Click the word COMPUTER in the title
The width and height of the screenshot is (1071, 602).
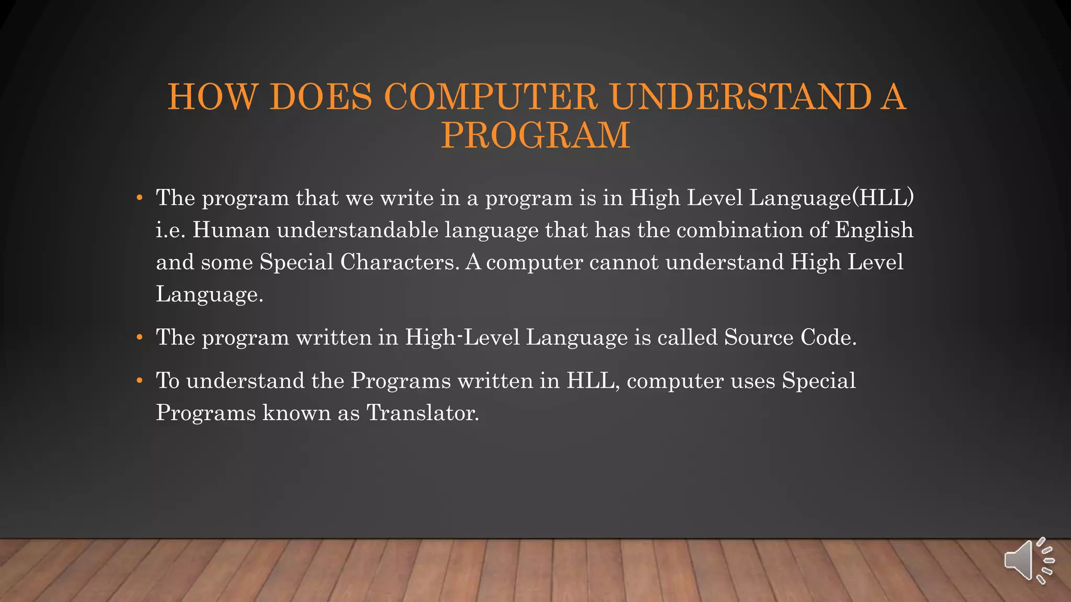(491, 97)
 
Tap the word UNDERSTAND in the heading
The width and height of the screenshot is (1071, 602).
(740, 97)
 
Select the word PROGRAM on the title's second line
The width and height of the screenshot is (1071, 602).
(535, 135)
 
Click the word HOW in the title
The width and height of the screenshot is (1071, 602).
(212, 97)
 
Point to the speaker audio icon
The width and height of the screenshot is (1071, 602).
(1028, 561)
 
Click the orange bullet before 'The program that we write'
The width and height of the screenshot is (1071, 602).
(139, 198)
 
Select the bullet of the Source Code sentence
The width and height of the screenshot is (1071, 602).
(139, 338)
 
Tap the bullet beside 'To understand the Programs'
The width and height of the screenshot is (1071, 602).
(139, 381)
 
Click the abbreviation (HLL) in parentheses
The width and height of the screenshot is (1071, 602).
(883, 198)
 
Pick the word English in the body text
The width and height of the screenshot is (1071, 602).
(874, 230)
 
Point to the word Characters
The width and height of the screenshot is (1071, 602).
(400, 262)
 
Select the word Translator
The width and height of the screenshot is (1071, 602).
(423, 413)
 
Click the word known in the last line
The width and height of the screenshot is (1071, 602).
(297, 413)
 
